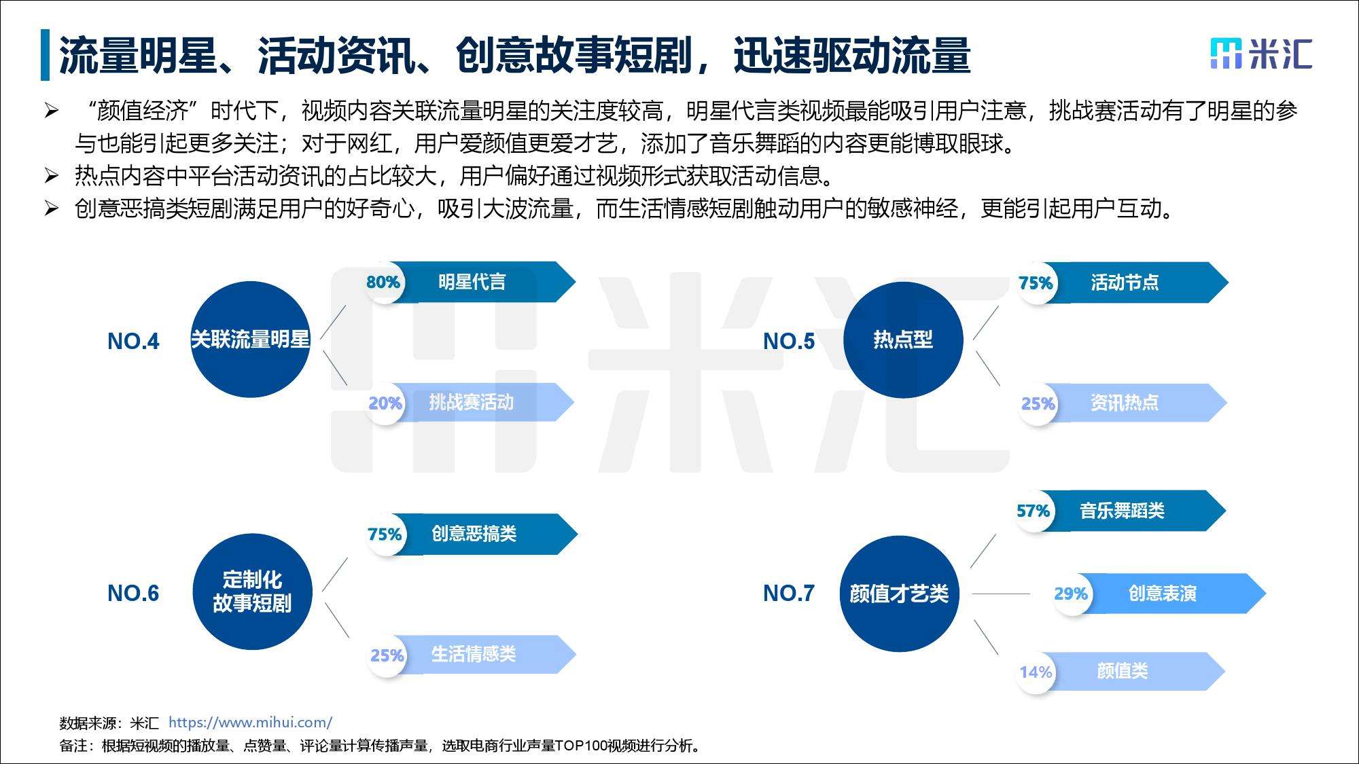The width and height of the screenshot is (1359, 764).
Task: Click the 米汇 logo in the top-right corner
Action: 1260,54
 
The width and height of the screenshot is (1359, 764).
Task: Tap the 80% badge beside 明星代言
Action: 383,283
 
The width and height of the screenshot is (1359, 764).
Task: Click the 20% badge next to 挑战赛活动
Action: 385,403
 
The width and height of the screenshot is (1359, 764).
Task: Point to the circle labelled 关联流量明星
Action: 250,340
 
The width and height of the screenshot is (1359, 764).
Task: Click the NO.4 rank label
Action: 133,341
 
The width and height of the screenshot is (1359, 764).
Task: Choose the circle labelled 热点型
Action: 903,340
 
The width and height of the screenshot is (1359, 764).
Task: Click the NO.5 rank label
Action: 789,341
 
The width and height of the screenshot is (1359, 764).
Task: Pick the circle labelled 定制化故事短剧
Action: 252,592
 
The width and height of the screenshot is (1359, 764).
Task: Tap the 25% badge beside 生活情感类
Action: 387,655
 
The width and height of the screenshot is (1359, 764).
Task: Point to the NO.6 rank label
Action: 133,593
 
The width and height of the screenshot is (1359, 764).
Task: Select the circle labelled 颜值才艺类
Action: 899,594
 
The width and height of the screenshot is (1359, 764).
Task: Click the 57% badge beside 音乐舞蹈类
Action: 1033,511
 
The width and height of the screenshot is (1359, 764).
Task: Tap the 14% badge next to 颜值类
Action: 1036,672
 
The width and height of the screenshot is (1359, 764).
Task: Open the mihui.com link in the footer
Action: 250,723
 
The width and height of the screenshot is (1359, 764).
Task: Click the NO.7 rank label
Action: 789,593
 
